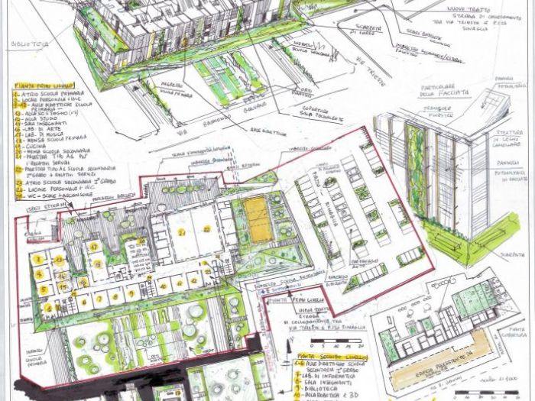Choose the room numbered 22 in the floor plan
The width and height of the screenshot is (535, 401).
tap(206, 228)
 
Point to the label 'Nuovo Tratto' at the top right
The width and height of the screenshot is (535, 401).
tap(469, 8)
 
